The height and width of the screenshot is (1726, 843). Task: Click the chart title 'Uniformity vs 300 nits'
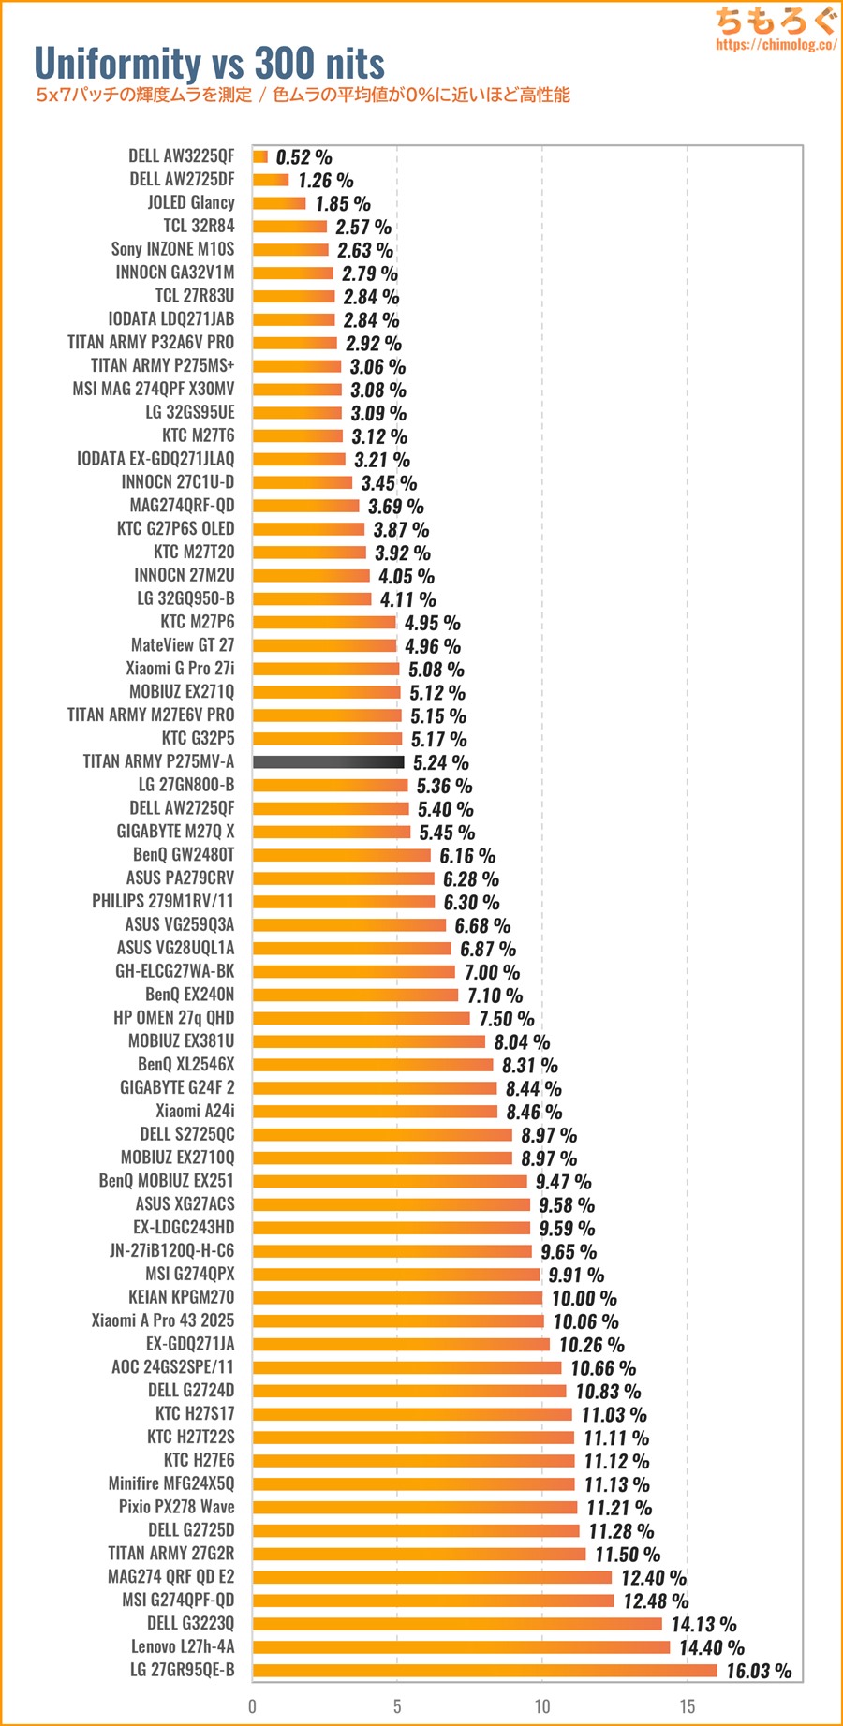(x=209, y=64)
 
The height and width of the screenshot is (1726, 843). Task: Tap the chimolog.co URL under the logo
(x=776, y=45)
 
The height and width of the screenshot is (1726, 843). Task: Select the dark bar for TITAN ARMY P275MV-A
(x=328, y=762)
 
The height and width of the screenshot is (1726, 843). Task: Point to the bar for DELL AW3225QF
(x=260, y=156)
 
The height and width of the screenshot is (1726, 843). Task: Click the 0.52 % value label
(x=303, y=157)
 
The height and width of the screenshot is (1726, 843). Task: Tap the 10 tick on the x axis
(x=542, y=1705)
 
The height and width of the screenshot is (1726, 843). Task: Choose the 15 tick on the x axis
(x=687, y=1705)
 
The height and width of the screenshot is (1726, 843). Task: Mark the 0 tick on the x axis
(x=252, y=1705)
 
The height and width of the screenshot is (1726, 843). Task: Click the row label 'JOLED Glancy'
(x=191, y=202)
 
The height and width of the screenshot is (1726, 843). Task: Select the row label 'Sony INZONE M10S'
(x=172, y=249)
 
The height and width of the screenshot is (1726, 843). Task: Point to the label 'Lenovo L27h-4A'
(x=183, y=1646)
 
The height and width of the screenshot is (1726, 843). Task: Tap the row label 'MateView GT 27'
(x=183, y=645)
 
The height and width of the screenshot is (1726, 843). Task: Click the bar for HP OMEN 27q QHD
(x=361, y=1018)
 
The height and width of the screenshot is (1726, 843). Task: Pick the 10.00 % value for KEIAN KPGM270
(x=584, y=1298)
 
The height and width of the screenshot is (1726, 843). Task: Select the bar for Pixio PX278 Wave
(x=415, y=1508)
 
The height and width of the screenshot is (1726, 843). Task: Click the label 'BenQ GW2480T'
(x=184, y=855)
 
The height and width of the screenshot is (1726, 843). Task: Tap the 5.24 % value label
(x=440, y=763)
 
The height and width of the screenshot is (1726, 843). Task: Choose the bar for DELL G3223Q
(x=457, y=1624)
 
